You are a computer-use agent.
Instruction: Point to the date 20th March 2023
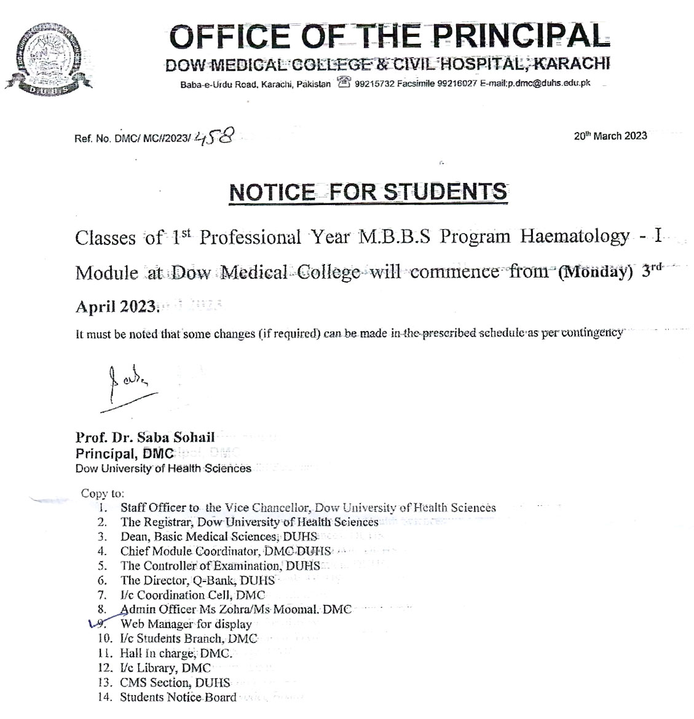[x=610, y=136]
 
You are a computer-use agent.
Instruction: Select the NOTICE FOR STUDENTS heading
[x=368, y=192]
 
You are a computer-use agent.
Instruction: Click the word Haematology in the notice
[x=575, y=237]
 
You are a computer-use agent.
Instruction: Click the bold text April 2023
[x=117, y=306]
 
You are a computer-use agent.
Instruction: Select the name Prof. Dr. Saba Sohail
[x=145, y=438]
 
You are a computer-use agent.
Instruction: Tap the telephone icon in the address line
[x=344, y=83]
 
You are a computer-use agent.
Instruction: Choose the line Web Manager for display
[x=186, y=624]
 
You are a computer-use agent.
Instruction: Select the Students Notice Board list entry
[x=178, y=697]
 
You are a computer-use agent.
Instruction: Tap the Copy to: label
[x=103, y=493]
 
